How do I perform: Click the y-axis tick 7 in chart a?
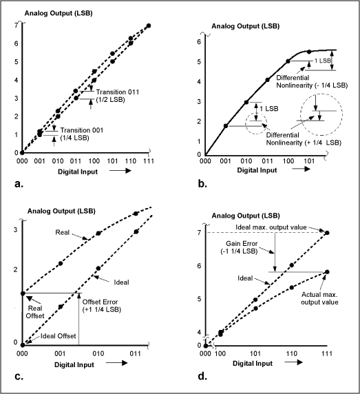point(16,25)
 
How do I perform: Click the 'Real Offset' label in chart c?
point(34,311)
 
